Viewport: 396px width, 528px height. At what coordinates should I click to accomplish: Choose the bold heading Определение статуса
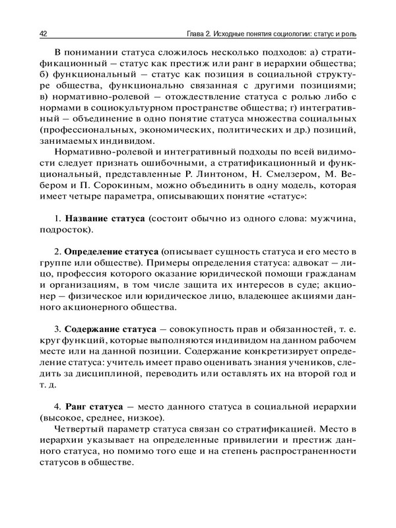pyautogui.click(x=111, y=253)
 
